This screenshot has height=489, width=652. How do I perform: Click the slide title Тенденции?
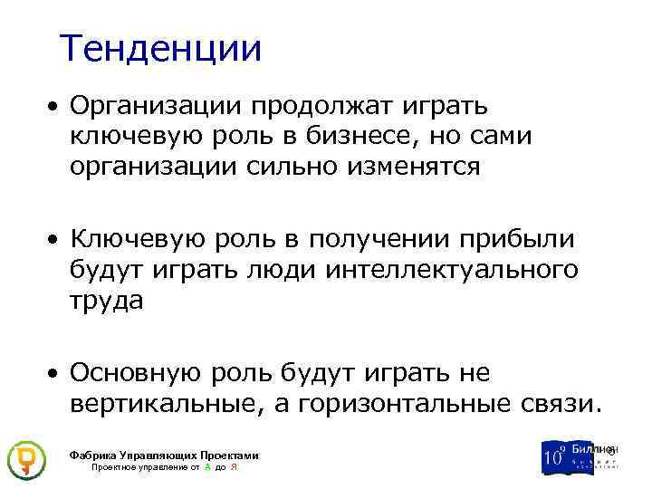[160, 49]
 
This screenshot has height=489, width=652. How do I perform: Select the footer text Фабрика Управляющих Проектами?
[164, 455]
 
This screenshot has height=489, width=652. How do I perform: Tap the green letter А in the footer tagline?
[208, 467]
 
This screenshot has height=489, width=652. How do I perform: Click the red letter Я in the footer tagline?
[235, 467]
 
